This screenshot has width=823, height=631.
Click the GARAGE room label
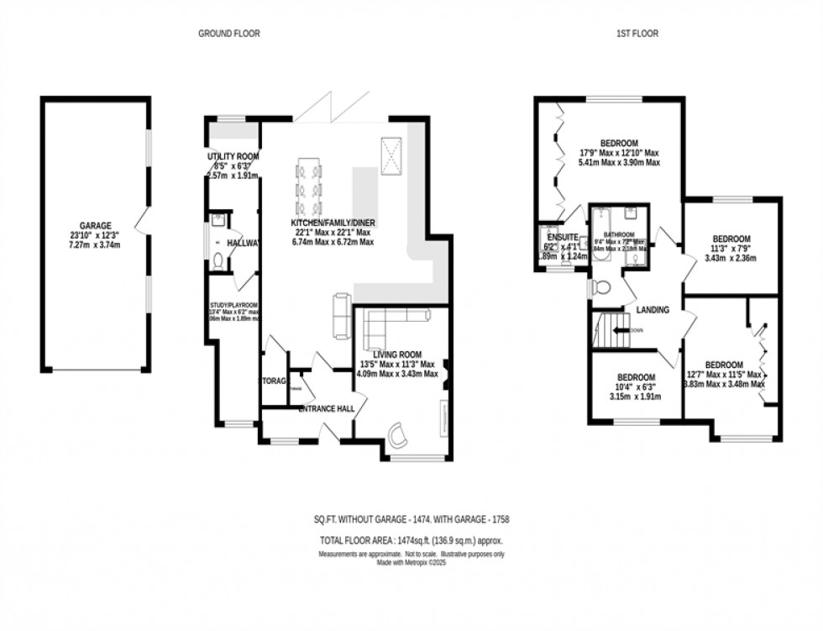tap(95, 226)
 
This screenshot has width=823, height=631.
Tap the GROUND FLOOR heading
tap(228, 34)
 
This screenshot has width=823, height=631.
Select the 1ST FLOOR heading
tap(637, 34)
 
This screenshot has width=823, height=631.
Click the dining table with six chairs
tap(308, 187)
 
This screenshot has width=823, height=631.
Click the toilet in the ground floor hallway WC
tap(218, 260)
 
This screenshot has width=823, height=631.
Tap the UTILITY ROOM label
tap(233, 156)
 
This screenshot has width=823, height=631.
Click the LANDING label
tap(653, 310)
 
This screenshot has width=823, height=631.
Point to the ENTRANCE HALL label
tap(327, 409)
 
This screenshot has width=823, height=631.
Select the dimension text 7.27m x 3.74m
tap(95, 245)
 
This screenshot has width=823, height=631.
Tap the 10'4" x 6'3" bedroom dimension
tap(636, 386)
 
